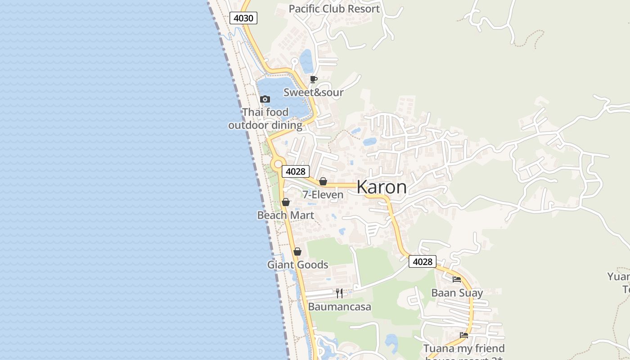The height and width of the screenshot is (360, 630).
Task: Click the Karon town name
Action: point(382,187)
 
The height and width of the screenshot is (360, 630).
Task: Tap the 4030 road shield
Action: point(243,18)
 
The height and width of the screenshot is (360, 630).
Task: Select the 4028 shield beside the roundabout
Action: point(296,171)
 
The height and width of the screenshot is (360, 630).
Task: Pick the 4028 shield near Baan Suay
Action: point(423,261)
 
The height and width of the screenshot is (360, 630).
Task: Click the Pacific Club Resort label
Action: point(334,9)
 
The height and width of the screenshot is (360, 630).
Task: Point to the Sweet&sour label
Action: point(313,92)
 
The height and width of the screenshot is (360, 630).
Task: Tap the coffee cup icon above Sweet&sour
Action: point(314,80)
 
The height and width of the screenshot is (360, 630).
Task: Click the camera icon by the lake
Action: point(265,99)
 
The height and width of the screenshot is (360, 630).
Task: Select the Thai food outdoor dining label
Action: point(265,118)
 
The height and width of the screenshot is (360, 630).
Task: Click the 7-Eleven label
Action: point(323,194)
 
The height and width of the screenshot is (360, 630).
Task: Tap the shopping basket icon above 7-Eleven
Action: point(323,182)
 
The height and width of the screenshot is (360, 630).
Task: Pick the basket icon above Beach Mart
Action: point(285,202)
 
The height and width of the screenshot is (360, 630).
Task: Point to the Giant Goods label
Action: point(297,265)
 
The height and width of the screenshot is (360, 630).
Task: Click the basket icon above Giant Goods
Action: point(297,252)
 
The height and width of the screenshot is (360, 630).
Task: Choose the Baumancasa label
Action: point(339,307)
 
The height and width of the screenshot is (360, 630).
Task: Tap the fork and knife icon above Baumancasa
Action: point(339,293)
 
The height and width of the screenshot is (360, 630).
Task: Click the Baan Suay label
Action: point(457,293)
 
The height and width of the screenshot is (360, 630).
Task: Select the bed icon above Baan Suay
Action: point(457,279)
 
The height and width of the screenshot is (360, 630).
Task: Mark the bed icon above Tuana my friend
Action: point(464,335)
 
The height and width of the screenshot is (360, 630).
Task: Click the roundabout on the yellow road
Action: point(277,163)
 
